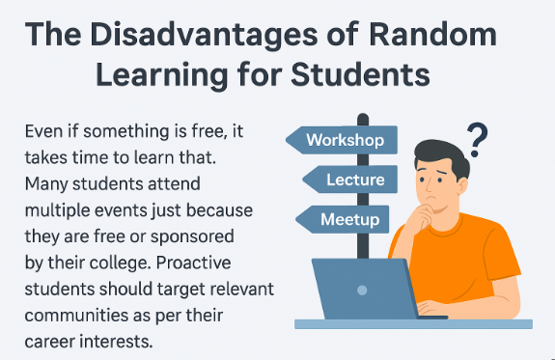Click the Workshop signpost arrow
(343, 140)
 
